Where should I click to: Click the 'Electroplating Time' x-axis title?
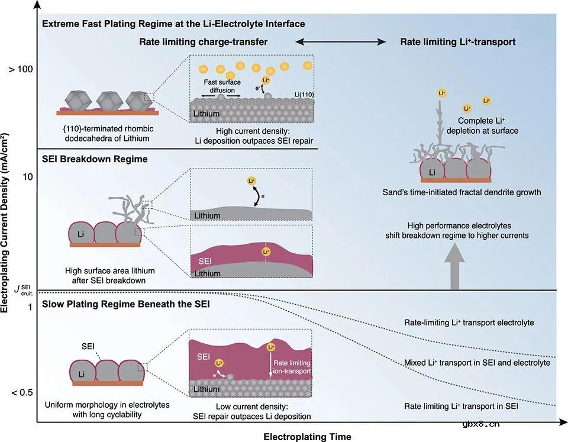coord(307,437)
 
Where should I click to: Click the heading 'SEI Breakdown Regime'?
coord(95,159)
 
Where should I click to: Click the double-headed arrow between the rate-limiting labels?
coord(341,42)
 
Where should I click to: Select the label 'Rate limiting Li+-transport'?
coord(458,42)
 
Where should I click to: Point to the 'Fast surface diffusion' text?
coord(222,86)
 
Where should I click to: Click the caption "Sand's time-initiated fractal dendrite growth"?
coord(461,192)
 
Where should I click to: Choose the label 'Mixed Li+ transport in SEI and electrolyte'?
coord(477,362)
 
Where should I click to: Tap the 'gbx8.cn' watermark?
coord(483,423)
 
